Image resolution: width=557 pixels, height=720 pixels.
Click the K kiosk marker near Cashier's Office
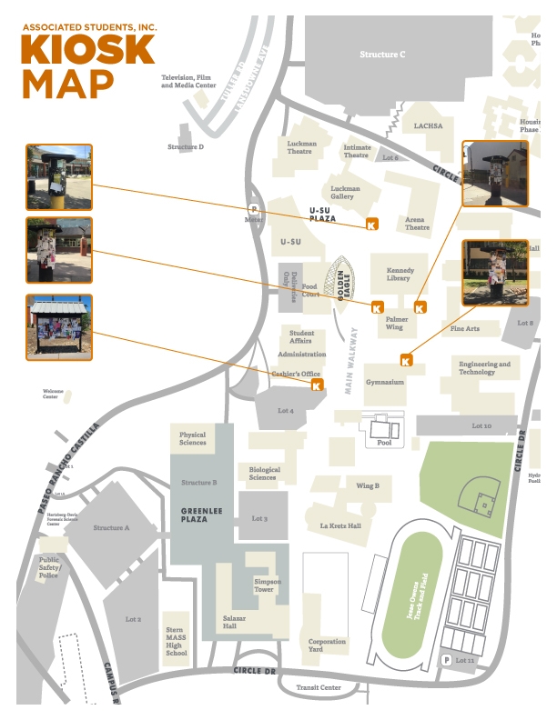(318, 385)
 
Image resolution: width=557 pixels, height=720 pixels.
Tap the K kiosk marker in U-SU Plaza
(371, 224)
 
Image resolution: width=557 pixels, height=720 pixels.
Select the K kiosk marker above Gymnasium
(407, 360)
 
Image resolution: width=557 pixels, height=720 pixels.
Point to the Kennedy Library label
(400, 275)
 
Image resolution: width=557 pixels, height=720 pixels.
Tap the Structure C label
(382, 55)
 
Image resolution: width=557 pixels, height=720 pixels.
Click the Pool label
(384, 443)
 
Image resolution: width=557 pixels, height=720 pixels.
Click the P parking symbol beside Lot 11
(446, 660)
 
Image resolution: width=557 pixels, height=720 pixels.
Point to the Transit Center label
(319, 687)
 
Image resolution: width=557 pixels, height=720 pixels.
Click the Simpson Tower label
(268, 585)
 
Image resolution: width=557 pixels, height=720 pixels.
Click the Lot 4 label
(286, 411)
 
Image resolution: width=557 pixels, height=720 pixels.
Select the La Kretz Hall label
(340, 525)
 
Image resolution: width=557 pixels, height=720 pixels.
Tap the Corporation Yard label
(327, 645)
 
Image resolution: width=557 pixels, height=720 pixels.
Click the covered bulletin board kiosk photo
(59, 327)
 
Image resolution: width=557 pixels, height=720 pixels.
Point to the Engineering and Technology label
(484, 367)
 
